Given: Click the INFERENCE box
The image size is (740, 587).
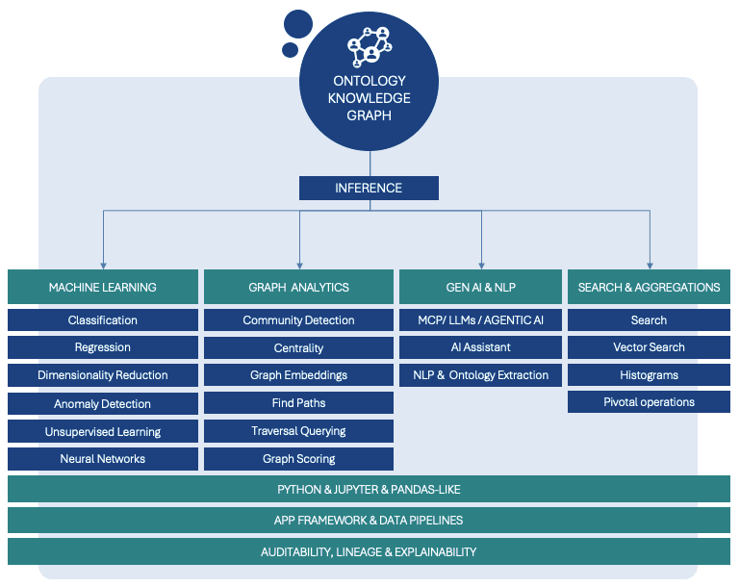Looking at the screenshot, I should (369, 188).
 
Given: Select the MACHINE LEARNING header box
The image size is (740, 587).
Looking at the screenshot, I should (103, 287).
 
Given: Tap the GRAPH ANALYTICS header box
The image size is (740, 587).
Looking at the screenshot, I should (298, 287).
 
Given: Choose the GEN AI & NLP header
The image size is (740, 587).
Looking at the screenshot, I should (480, 287).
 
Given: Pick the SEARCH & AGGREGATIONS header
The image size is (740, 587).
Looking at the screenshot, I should (649, 287).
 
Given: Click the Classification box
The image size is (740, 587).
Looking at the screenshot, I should (103, 320).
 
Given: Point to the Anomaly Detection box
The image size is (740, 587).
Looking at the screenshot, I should (103, 404).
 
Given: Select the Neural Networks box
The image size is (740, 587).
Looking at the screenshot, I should (103, 459).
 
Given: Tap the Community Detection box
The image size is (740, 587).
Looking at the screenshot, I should (298, 320).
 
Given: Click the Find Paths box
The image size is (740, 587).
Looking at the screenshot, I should (298, 403).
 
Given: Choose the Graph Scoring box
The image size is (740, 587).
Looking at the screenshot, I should (298, 459).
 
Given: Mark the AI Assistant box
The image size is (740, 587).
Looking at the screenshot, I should (480, 347).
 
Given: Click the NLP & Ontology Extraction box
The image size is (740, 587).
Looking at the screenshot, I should (480, 375).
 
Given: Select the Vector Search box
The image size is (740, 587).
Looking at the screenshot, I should (649, 347).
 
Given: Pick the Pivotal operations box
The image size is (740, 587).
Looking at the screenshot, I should (649, 402).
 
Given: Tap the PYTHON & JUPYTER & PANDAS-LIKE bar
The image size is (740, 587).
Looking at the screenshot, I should (369, 490).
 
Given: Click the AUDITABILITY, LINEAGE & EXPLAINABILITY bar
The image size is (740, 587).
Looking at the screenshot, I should (369, 552).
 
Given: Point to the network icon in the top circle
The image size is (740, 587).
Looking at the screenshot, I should (370, 45).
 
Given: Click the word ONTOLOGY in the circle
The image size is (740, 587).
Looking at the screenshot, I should (370, 81).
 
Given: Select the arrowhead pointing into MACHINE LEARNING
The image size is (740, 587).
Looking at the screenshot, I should (103, 265).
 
